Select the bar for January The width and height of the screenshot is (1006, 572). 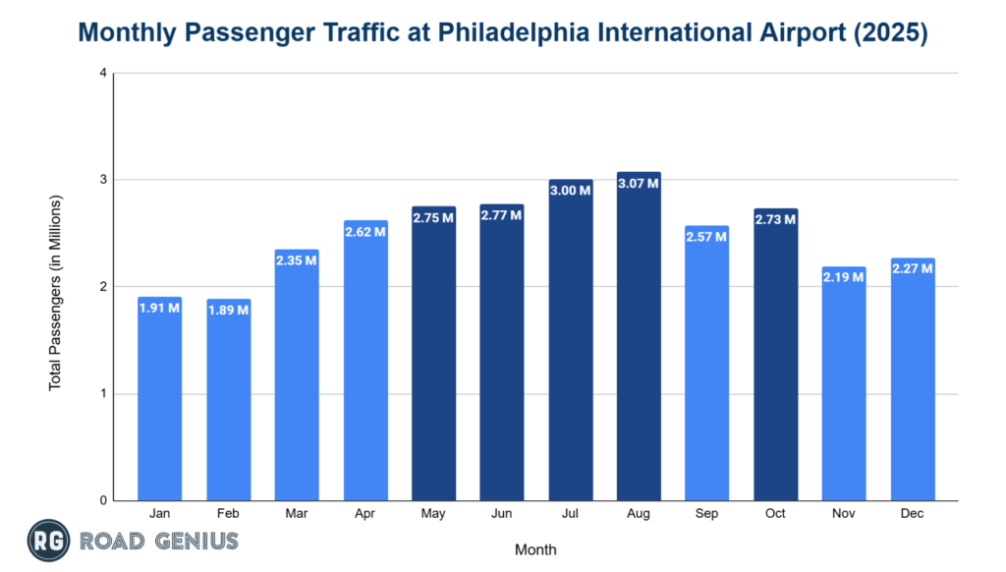click(159, 398)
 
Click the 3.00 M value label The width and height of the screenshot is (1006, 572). click(571, 190)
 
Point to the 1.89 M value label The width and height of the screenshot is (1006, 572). click(228, 310)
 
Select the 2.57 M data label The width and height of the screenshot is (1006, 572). click(707, 237)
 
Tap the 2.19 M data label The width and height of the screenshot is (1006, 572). click(844, 277)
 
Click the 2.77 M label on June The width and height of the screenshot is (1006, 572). click(502, 215)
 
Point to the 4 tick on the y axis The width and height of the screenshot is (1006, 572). click(102, 74)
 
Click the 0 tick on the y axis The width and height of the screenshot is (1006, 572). click(102, 501)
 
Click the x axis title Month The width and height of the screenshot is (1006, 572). click(535, 549)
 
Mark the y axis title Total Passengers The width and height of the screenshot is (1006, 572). click(55, 293)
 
